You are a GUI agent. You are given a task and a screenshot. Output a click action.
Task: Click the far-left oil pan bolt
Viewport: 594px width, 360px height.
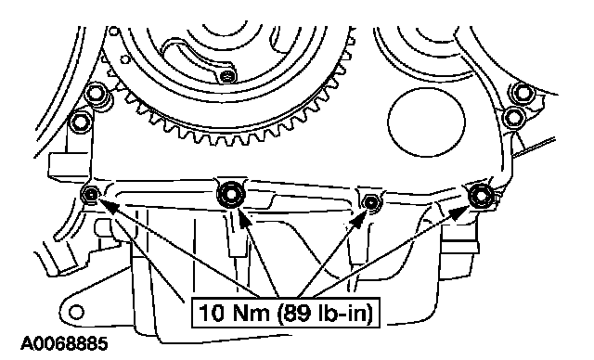(91, 195)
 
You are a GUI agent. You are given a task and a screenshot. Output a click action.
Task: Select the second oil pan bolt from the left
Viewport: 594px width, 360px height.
(231, 194)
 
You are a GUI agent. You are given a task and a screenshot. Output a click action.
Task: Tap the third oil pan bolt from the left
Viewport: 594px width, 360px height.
(371, 201)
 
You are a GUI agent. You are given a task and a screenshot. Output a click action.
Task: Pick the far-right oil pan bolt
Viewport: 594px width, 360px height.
(481, 196)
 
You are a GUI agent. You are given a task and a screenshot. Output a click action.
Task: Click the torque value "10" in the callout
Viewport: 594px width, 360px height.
(211, 314)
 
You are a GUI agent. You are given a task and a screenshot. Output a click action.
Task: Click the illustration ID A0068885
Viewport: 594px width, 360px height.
(64, 344)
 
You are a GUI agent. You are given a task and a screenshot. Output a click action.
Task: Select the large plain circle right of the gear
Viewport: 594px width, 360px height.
(426, 122)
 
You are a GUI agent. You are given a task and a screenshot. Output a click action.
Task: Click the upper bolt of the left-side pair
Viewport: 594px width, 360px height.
(96, 94)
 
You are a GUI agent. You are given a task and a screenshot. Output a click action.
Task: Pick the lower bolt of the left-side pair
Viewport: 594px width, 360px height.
(81, 122)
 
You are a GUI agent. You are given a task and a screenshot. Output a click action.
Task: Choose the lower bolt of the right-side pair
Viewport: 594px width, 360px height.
(513, 117)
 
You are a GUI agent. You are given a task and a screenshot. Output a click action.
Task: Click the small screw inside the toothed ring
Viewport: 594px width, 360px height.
(228, 76)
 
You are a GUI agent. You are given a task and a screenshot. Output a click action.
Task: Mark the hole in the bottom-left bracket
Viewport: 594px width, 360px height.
(77, 313)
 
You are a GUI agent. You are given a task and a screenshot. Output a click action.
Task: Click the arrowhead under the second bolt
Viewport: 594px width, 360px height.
(242, 218)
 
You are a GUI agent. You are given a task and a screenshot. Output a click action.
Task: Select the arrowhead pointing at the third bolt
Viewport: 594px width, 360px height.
(359, 220)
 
